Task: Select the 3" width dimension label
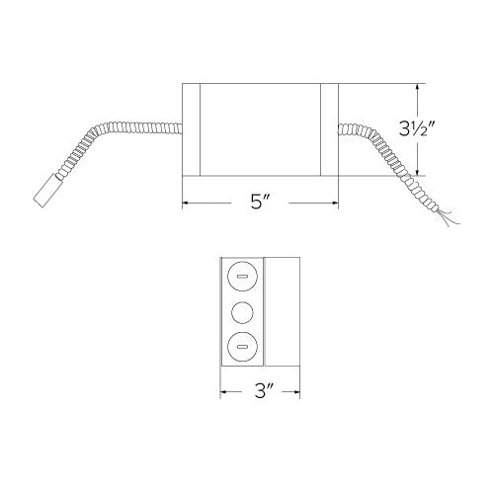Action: [x=260, y=391]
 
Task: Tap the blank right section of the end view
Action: [x=282, y=312]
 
